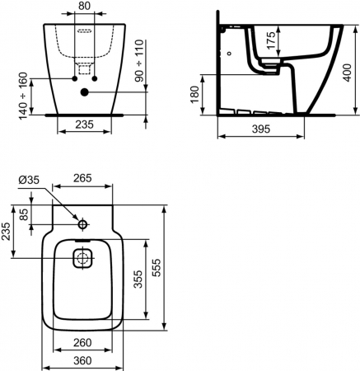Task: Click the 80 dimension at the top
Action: tap(84, 6)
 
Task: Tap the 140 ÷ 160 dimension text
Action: tap(24, 96)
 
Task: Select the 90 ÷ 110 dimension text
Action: tap(139, 61)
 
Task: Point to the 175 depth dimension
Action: tap(271, 40)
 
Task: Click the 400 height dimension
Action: tap(347, 73)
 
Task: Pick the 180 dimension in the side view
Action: tap(194, 95)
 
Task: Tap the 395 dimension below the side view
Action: tap(261, 129)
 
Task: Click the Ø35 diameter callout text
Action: tap(29, 180)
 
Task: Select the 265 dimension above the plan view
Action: tap(82, 178)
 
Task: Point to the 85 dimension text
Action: tap(24, 214)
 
